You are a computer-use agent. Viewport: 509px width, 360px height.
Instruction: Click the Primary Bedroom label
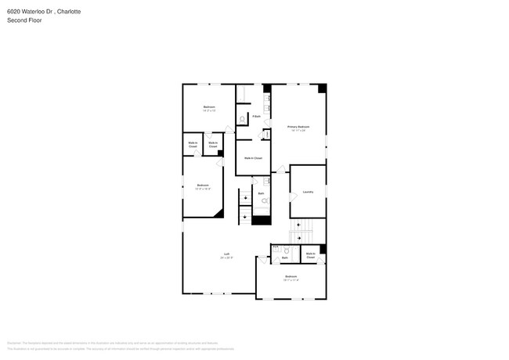tap(298, 126)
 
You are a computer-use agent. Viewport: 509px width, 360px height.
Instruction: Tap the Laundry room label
tap(308, 192)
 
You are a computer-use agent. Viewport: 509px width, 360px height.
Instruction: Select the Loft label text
tap(226, 254)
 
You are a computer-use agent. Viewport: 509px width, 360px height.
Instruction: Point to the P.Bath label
tap(256, 117)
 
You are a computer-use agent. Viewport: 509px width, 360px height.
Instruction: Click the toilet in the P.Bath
tap(242, 119)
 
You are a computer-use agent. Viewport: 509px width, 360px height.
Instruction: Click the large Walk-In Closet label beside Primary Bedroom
tap(252, 158)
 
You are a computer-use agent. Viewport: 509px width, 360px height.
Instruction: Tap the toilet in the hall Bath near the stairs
tap(264, 201)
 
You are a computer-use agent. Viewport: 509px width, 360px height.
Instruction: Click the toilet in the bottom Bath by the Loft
tap(287, 251)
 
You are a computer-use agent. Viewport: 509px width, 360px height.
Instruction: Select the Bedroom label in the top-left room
tap(209, 106)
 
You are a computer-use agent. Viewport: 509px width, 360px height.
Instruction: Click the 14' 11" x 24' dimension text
tap(298, 130)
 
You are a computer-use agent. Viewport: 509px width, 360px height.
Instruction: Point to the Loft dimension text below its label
tap(226, 257)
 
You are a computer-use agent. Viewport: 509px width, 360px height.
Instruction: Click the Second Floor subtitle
tap(24, 20)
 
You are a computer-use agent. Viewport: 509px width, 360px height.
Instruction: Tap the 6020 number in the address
tap(14, 12)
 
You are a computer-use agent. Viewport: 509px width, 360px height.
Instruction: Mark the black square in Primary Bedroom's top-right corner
tap(322, 88)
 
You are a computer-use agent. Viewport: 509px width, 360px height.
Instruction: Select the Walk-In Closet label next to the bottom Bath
tap(311, 255)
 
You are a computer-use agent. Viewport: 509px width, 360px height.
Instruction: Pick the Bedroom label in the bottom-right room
tap(291, 277)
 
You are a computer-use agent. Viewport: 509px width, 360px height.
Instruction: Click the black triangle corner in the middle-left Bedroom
tap(219, 211)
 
